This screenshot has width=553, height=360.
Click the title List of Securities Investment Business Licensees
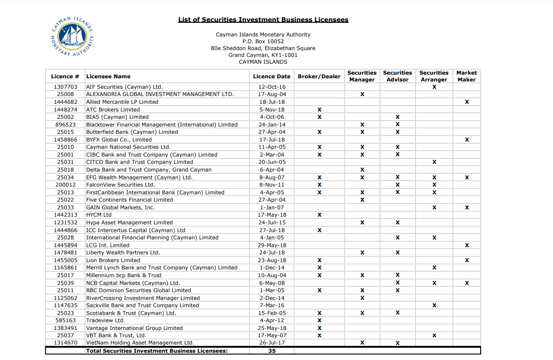263,20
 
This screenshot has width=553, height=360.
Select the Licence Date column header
271,76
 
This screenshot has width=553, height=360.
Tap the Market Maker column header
467,76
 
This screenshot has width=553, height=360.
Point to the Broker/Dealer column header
319,76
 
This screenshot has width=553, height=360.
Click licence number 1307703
66,87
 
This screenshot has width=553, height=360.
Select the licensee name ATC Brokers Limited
113,110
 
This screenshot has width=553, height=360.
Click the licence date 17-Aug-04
272,94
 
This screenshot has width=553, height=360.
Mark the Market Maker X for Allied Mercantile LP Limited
467,102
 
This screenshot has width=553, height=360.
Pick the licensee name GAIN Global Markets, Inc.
120,208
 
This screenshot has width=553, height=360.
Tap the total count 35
272,351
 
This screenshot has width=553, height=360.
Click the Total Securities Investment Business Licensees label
157,351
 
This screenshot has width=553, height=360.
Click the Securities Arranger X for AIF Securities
434,87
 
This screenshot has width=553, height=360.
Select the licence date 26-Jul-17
272,343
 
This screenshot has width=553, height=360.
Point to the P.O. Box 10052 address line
263,41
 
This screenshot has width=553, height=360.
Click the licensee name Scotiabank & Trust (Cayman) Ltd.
131,313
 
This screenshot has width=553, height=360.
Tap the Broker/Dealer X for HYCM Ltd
320,215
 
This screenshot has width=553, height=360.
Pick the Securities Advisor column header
397,76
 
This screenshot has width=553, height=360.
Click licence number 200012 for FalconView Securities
66,185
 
